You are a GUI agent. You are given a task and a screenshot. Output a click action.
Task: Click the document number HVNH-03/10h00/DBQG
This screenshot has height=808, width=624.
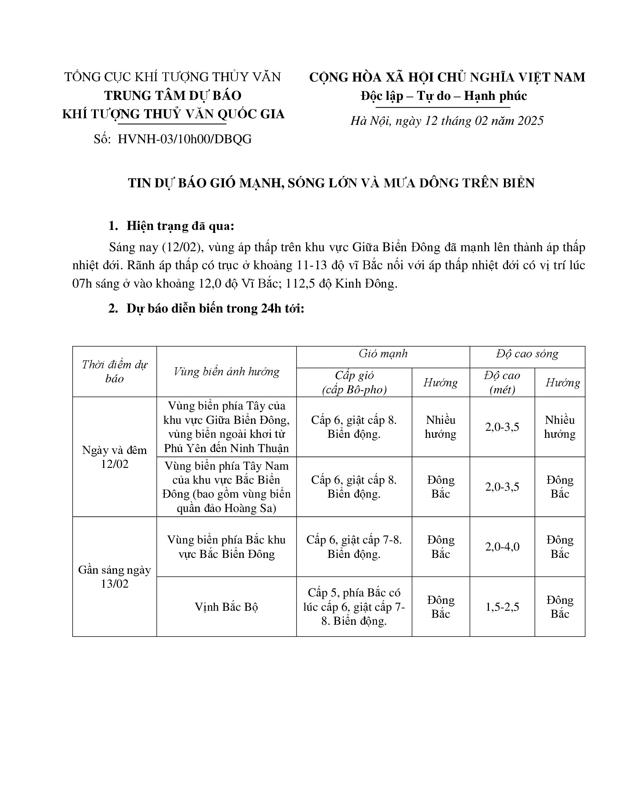click(x=185, y=139)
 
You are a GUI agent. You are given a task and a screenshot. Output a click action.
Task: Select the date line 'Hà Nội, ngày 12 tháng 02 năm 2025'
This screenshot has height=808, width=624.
click(x=447, y=121)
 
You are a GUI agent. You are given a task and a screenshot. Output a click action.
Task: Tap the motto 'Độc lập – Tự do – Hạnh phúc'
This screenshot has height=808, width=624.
click(x=444, y=96)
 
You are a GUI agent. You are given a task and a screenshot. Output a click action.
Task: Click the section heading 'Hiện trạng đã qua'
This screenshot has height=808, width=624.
click(x=180, y=226)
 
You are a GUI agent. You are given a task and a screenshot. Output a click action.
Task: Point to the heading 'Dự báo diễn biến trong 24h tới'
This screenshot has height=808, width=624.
click(x=215, y=308)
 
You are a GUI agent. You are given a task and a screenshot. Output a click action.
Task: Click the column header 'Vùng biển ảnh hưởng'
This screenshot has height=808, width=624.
click(x=226, y=371)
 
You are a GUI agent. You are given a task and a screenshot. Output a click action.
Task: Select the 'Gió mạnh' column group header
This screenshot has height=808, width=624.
click(x=383, y=354)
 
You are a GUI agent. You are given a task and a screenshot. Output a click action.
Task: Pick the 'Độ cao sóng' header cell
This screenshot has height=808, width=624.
click(x=527, y=354)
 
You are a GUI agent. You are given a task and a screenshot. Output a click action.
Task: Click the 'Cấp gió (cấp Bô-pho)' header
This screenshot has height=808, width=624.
click(x=354, y=383)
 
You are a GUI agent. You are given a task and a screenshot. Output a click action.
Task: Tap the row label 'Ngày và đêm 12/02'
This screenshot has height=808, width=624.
click(x=115, y=457)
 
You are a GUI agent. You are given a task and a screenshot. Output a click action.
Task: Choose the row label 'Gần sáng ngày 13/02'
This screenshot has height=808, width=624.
click(x=115, y=576)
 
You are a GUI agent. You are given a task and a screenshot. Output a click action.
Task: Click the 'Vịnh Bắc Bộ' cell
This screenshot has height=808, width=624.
click(x=226, y=607)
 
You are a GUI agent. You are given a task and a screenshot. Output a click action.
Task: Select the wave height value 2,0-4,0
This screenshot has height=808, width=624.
click(x=502, y=547)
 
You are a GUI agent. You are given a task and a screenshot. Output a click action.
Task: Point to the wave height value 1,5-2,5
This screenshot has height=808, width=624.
click(x=502, y=607)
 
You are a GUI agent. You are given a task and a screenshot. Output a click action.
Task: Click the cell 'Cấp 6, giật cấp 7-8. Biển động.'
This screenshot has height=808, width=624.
click(x=354, y=547)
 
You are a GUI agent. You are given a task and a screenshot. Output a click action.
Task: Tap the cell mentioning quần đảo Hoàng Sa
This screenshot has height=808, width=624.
click(x=226, y=487)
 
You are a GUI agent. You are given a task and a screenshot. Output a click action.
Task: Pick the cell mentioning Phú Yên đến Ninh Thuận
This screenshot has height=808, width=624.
click(x=226, y=427)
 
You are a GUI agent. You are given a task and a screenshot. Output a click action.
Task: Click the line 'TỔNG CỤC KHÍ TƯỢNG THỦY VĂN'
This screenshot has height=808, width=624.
click(x=173, y=77)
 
